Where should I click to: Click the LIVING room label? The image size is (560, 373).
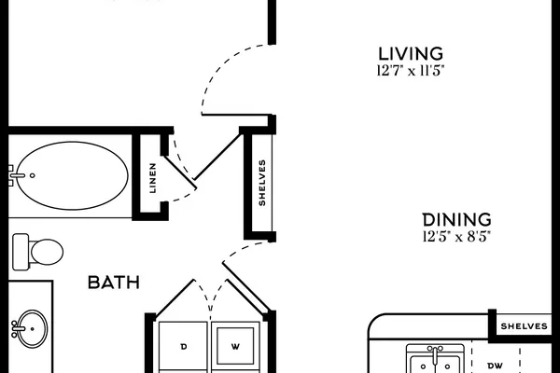[x=411, y=54]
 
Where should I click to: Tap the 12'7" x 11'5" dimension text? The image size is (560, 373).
[x=411, y=71]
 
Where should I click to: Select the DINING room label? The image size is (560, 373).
[x=456, y=220]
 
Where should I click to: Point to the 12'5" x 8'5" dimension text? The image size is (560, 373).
[x=456, y=237]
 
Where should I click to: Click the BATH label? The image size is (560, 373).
[x=114, y=283]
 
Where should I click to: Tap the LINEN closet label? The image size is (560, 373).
[x=153, y=178]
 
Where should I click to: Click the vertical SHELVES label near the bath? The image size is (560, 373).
[x=262, y=183]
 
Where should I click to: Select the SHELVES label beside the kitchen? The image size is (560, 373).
[x=524, y=326]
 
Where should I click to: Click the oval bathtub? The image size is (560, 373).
[x=73, y=175]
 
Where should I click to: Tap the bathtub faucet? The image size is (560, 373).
[x=16, y=175]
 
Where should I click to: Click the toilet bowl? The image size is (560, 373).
[x=47, y=252]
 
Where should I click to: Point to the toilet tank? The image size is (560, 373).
[x=21, y=252]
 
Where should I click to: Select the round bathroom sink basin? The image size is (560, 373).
[x=33, y=328]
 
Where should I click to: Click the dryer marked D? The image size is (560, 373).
[x=183, y=346]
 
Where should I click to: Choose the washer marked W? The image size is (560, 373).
[x=235, y=346]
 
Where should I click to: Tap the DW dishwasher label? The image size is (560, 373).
[x=496, y=366]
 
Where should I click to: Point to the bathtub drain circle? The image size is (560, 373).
[x=33, y=175]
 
